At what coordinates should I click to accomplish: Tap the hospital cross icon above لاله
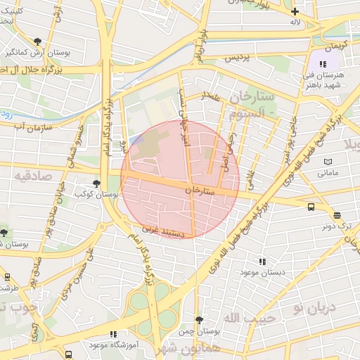[x=295, y=11]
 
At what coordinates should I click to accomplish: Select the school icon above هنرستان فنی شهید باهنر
[x=323, y=64]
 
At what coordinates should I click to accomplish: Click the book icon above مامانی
[x=327, y=162]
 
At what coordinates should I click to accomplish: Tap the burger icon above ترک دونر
[x=337, y=216]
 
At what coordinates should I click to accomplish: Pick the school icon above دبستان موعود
[x=262, y=261]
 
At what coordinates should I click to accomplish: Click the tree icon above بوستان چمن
[x=199, y=319]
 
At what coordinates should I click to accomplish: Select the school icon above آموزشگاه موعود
[x=112, y=335]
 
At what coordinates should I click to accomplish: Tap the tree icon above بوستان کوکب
[x=96, y=183]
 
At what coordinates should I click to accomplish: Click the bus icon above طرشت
[x=7, y=277]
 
